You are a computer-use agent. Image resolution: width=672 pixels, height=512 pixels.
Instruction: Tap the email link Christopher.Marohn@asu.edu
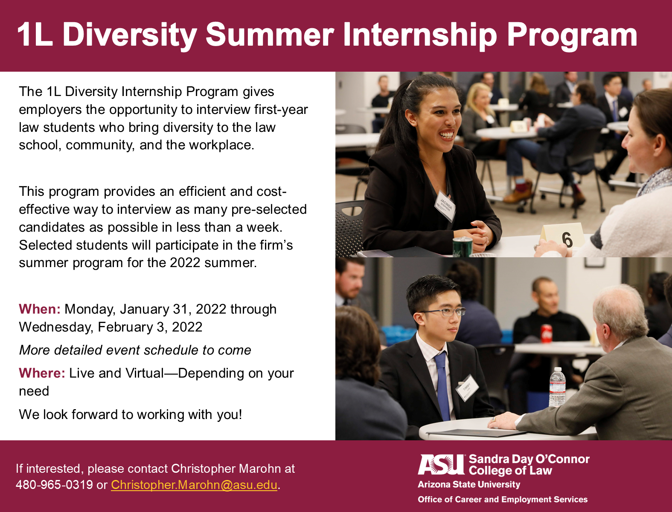(x=194, y=485)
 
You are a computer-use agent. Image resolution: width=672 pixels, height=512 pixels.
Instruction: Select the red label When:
(x=40, y=309)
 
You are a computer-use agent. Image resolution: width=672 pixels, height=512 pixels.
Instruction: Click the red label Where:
(x=42, y=373)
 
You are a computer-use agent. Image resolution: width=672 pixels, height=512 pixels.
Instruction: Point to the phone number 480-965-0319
(x=54, y=485)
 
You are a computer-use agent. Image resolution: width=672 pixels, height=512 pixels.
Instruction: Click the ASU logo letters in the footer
(x=441, y=464)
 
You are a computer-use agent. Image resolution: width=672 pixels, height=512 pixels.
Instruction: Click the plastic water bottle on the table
(x=557, y=387)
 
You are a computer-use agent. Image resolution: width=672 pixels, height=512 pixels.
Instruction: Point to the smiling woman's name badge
(x=445, y=205)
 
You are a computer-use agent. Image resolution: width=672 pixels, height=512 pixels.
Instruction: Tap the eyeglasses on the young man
(x=444, y=312)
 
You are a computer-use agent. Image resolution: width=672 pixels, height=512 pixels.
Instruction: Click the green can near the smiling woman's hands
(x=462, y=247)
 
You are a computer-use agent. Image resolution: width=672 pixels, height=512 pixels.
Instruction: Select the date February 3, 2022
(x=150, y=327)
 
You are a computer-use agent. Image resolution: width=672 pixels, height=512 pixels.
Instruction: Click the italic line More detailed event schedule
(x=135, y=350)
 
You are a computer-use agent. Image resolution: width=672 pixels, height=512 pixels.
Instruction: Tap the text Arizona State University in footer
(x=469, y=484)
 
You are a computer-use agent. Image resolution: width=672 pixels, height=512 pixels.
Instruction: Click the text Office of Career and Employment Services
(x=503, y=500)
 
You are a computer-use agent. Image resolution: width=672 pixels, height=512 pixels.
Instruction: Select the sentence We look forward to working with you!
(x=131, y=415)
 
